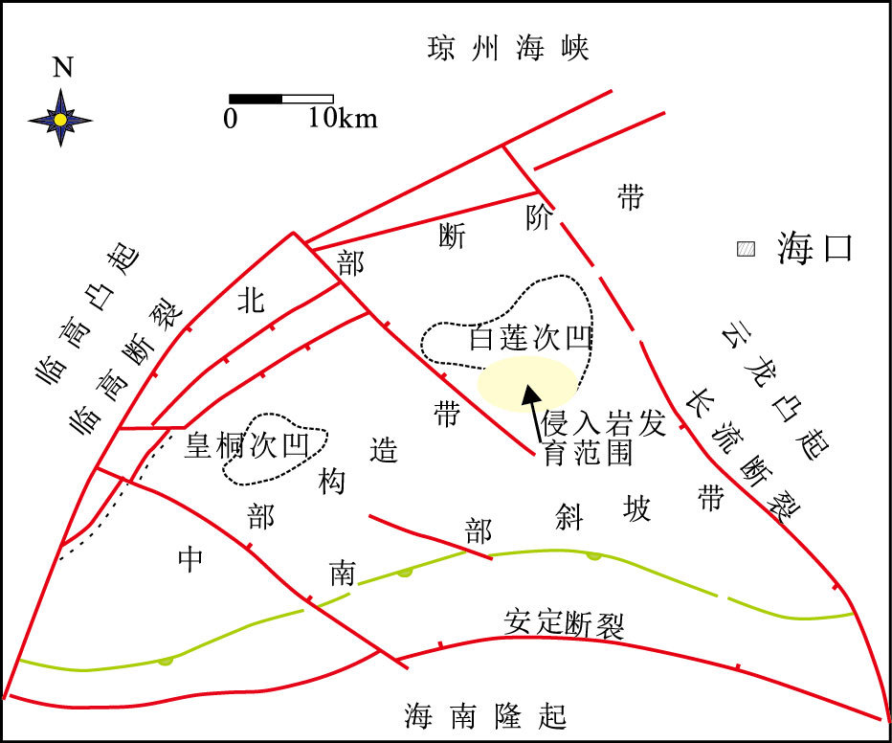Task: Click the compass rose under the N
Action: pyautogui.click(x=60, y=119)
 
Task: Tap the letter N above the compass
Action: pyautogui.click(x=62, y=67)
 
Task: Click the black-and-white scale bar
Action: pyautogui.click(x=280, y=99)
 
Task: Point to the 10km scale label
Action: pyautogui.click(x=343, y=119)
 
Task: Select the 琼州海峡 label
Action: pyautogui.click(x=507, y=48)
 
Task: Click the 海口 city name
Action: pyautogui.click(x=814, y=249)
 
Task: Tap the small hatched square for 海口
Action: pyautogui.click(x=746, y=250)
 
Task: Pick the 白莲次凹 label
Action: pyautogui.click(x=530, y=339)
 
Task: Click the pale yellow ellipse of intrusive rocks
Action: pyautogui.click(x=528, y=382)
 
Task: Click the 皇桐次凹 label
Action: pyautogui.click(x=244, y=445)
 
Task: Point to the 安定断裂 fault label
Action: pyautogui.click(x=564, y=624)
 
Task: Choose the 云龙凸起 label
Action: pyautogui.click(x=775, y=388)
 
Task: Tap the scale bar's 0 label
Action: pyautogui.click(x=231, y=119)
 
